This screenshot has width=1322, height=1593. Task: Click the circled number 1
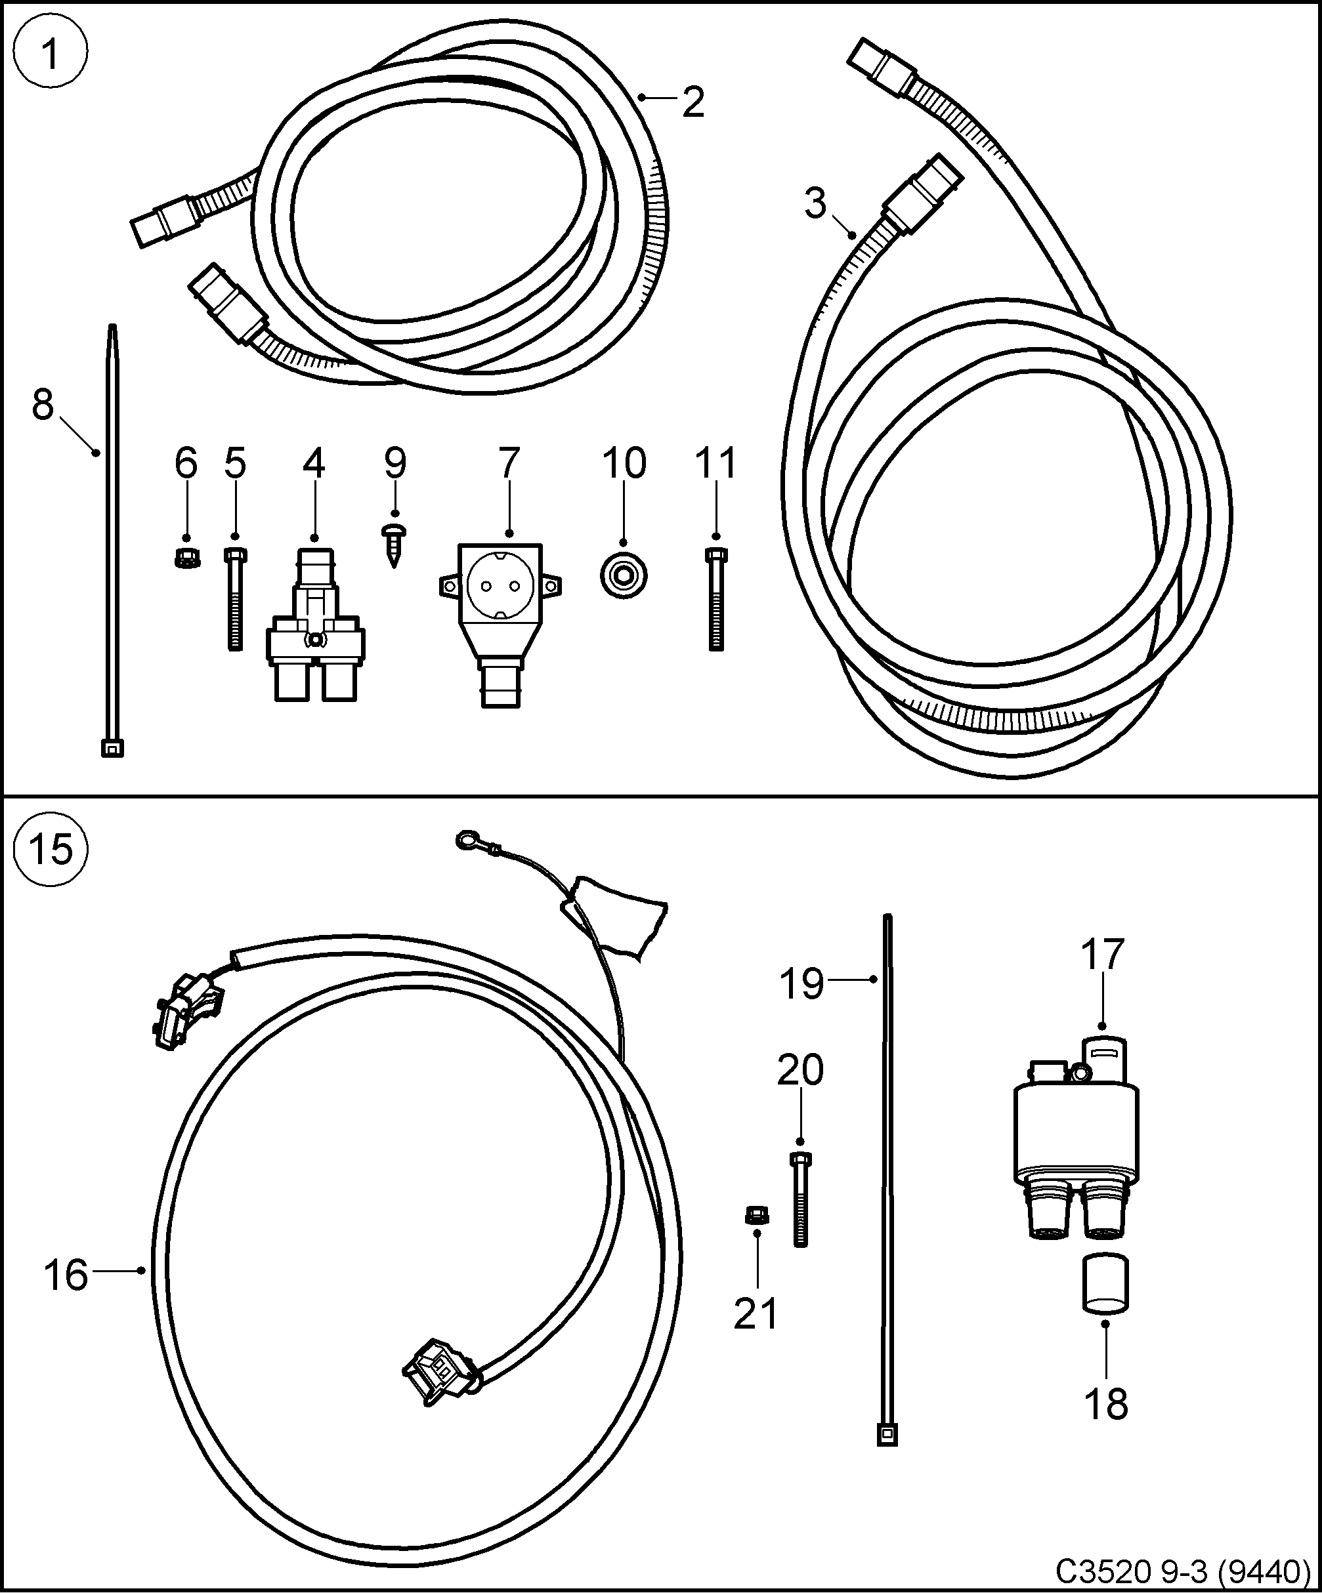point(51,53)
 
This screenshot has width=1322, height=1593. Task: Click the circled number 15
point(51,850)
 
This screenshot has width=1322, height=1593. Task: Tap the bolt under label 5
point(235,599)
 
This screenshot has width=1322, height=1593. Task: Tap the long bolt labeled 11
point(715,599)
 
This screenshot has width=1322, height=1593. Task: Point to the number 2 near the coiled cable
point(692,103)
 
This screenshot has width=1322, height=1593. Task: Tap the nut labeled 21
point(756,1216)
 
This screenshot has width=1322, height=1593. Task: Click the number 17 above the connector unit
point(1101,954)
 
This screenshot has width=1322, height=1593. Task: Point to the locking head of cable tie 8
point(112,748)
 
